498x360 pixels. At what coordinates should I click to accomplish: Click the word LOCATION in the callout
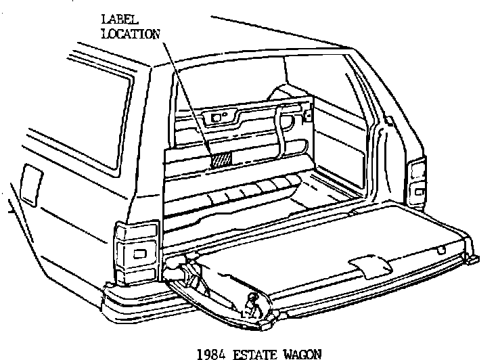pos(130,33)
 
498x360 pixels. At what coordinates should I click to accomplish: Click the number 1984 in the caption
pos(207,351)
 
